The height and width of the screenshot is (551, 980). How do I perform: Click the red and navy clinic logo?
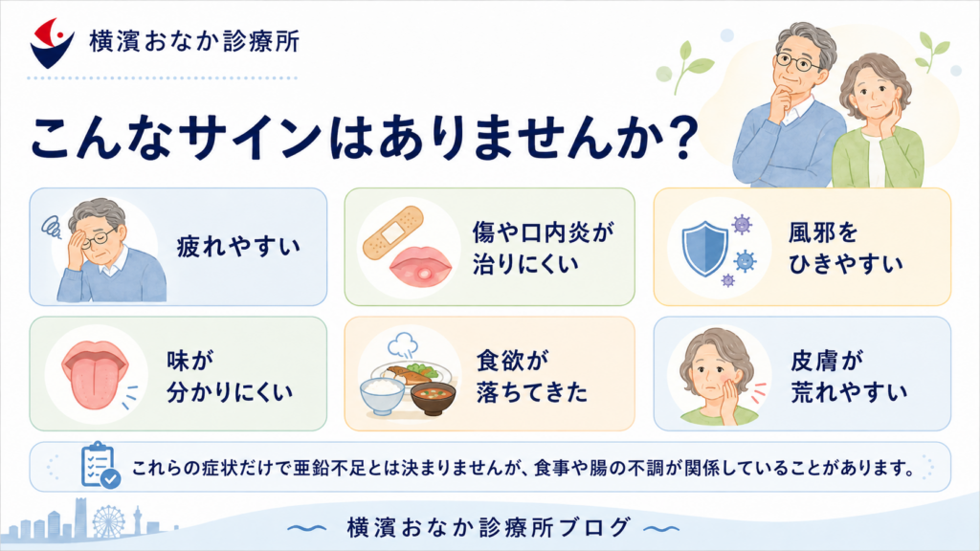(x=52, y=42)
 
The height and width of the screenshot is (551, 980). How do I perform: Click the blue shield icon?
(x=705, y=248)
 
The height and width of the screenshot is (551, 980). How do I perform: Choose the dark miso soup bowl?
(x=433, y=399)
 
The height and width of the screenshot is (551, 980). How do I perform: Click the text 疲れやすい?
(x=238, y=247)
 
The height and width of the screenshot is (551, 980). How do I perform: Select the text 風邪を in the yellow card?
(x=822, y=232)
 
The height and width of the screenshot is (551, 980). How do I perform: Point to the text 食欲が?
(x=513, y=361)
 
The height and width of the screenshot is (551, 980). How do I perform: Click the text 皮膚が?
(x=826, y=361)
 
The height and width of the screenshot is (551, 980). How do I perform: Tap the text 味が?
(x=190, y=361)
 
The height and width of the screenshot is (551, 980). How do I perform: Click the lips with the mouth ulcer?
(x=420, y=267)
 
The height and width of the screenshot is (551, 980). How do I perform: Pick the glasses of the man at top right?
(x=798, y=62)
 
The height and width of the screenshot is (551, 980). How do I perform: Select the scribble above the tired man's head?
(x=52, y=227)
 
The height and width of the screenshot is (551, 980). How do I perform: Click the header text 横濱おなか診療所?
(x=194, y=42)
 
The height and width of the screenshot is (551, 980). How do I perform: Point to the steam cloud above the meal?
(x=403, y=343)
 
